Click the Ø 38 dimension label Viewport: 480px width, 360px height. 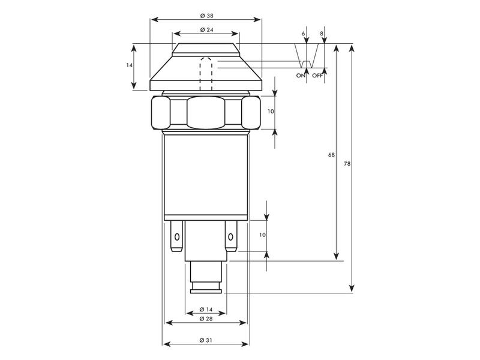click(x=206, y=15)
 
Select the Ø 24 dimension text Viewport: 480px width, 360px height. click(x=206, y=29)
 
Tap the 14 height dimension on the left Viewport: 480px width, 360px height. click(x=129, y=65)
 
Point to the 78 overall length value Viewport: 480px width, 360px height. click(x=347, y=164)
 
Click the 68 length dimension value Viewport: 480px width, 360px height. click(x=331, y=155)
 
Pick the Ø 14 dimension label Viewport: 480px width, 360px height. click(x=206, y=309)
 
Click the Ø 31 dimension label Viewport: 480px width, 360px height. click(x=206, y=340)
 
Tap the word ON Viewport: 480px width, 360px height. click(x=301, y=76)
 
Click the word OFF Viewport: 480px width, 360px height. click(x=317, y=76)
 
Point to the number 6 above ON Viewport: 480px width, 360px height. click(x=304, y=34)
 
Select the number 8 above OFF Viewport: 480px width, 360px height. click(x=322, y=34)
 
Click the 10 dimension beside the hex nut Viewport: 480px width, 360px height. click(x=271, y=112)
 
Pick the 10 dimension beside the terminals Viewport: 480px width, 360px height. click(x=262, y=235)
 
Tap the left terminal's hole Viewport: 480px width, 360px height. click(x=176, y=239)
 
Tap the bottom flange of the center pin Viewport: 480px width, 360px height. click(x=206, y=291)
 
